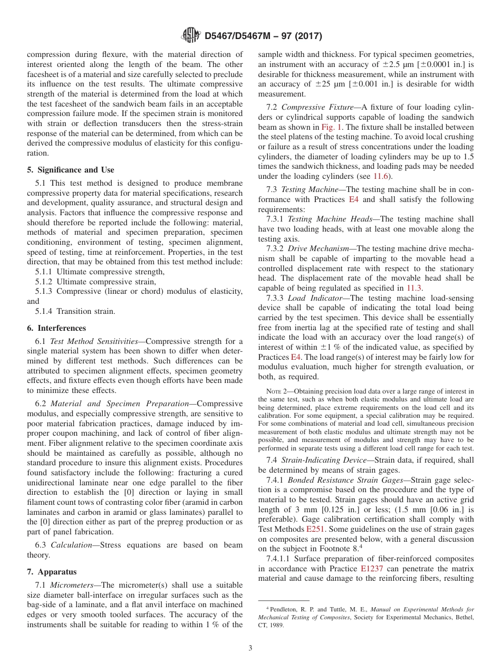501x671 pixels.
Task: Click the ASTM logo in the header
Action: (x=190, y=35)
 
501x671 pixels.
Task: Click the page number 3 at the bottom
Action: (x=250, y=648)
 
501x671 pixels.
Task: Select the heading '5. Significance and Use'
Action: (x=71, y=170)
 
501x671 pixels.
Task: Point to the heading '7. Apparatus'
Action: (x=52, y=572)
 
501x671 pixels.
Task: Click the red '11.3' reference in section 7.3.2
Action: (x=413, y=288)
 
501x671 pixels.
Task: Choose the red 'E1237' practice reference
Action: (x=372, y=568)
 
